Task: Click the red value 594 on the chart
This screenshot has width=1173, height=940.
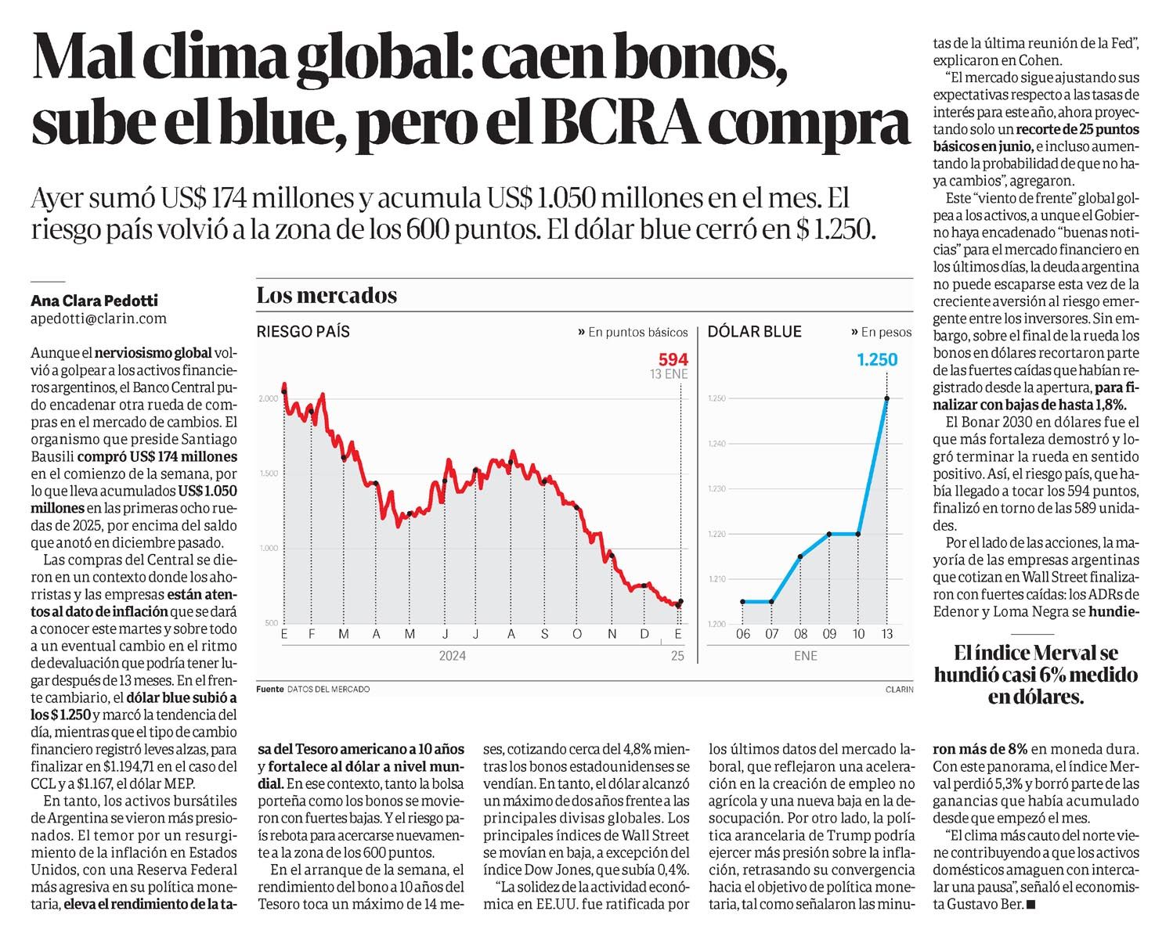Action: click(x=673, y=360)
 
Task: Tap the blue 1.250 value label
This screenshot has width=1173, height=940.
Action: click(x=877, y=360)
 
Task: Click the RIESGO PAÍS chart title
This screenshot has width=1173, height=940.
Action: click(x=303, y=331)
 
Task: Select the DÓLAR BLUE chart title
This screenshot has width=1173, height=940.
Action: click(x=754, y=331)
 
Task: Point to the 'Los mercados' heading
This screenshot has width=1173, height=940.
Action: click(x=327, y=295)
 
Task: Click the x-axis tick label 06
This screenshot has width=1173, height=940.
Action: click(x=743, y=634)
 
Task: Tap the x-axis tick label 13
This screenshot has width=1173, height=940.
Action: click(x=887, y=634)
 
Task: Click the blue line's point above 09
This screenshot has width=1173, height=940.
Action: click(x=829, y=534)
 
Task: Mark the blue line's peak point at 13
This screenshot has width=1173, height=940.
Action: click(x=887, y=399)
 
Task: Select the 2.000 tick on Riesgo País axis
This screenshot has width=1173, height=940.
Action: click(x=268, y=399)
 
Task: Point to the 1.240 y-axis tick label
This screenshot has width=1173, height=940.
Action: click(x=716, y=444)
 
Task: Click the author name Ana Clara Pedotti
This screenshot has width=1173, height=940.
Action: click(x=94, y=301)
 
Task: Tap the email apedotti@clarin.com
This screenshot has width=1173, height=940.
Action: click(x=99, y=319)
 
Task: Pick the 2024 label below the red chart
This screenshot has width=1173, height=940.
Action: click(x=453, y=656)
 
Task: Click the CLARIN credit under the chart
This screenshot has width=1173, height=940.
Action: click(x=900, y=690)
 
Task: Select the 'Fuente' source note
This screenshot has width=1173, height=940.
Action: click(x=270, y=690)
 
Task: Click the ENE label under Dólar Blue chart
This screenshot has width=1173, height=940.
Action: click(x=806, y=656)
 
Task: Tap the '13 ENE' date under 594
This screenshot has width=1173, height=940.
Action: click(x=669, y=374)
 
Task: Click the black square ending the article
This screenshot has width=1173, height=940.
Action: click(x=1030, y=905)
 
